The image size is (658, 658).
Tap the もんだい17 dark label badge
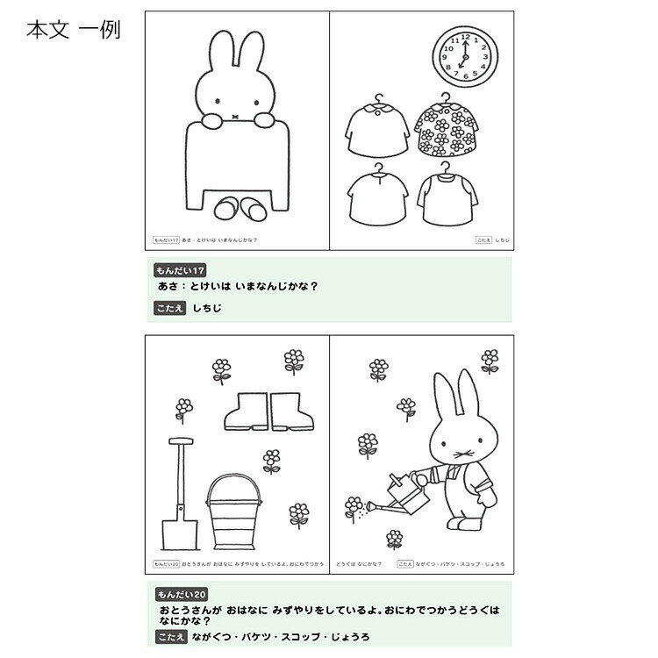pyautogui.click(x=179, y=270)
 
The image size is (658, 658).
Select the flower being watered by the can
pyautogui.click(x=354, y=504)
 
